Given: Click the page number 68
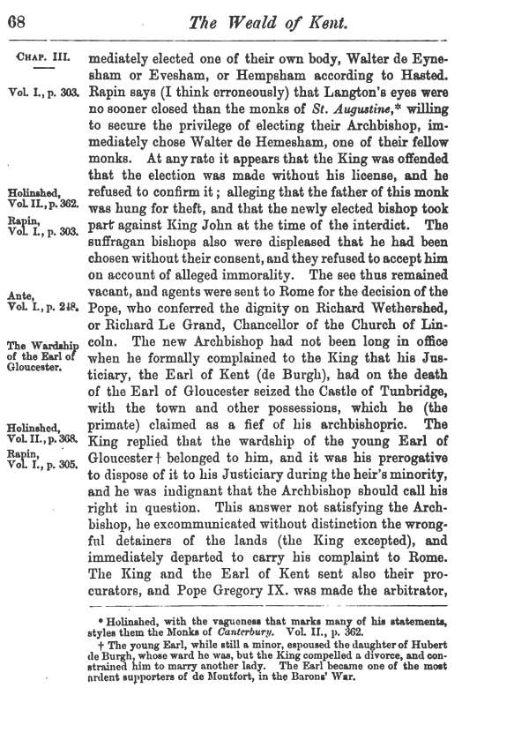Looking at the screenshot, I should click(x=17, y=20).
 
